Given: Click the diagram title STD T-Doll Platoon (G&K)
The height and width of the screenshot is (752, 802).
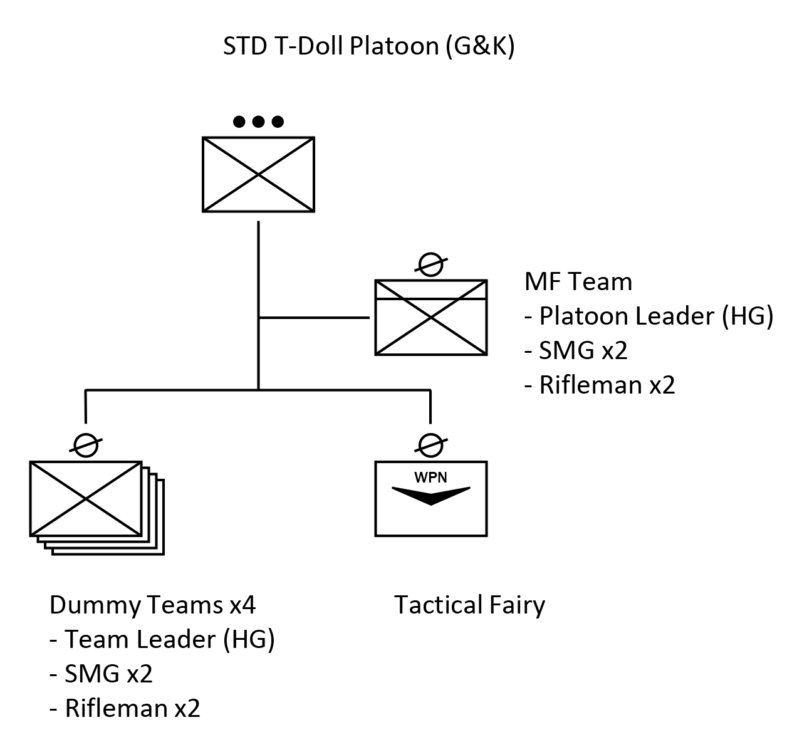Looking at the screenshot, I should point(368,47).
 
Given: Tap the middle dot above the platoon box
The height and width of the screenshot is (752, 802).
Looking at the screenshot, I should point(258,122).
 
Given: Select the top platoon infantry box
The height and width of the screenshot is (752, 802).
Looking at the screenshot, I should point(258,174).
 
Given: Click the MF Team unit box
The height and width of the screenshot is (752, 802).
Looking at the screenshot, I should point(431,317).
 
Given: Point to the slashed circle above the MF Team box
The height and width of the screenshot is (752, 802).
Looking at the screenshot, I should point(431,264).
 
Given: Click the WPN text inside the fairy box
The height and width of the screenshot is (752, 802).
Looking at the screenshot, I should point(431,477).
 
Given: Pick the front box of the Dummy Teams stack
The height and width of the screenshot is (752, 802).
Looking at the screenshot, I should point(86,498).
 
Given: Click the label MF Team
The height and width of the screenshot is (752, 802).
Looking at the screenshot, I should point(578,282).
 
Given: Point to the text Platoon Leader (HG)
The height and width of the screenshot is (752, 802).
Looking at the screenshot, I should point(656,316).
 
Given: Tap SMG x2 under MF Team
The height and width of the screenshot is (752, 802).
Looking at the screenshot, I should point(583,351).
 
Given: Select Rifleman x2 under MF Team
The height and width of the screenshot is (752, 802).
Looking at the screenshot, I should point(607,385).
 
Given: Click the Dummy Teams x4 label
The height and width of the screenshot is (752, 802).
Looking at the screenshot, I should point(152,605).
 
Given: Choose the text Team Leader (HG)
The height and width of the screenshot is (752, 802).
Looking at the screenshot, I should point(169,640).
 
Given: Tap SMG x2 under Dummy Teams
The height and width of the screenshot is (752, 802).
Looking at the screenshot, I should point(108,674).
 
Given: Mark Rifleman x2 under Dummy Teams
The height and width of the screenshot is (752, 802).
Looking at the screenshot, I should point(132,709).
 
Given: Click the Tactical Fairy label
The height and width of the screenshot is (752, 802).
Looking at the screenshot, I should point(469,605).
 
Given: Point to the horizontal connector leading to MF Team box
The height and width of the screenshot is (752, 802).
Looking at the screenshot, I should point(313,318).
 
